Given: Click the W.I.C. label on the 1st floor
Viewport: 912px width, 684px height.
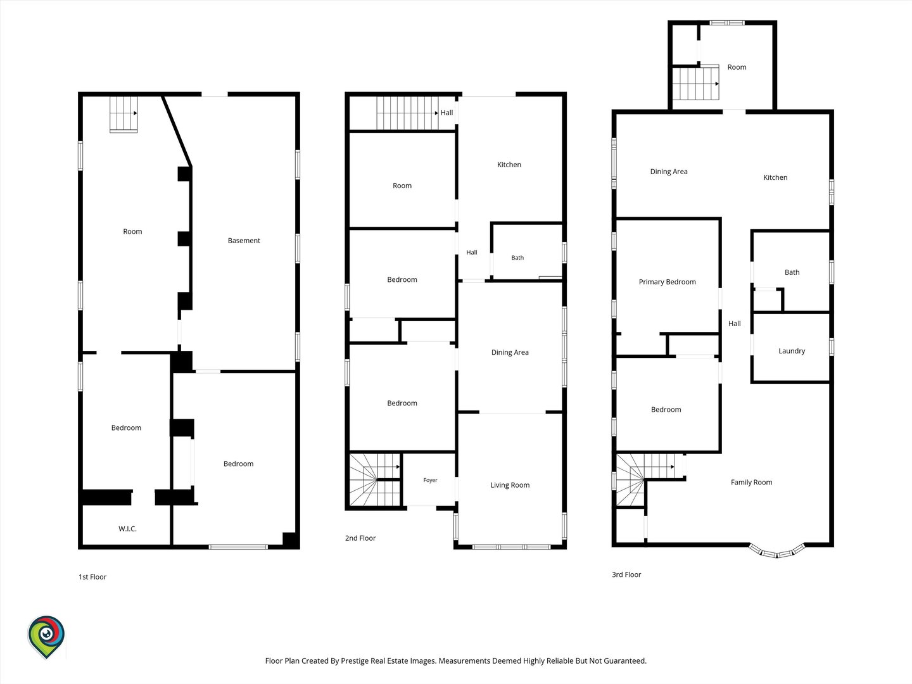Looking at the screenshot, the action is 127,529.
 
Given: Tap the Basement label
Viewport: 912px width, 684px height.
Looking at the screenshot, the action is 244,241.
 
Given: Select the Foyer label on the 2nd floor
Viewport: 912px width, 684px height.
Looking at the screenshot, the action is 430,480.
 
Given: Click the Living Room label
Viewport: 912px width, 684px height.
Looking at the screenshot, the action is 510,485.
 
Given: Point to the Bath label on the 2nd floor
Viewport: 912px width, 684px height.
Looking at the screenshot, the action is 517,258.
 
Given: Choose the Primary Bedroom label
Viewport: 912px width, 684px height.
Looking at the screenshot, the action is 668,282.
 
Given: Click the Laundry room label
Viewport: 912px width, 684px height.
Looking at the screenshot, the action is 792,351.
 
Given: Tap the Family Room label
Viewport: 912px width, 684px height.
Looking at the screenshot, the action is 751,482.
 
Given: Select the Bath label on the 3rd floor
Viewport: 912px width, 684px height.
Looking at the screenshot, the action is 792,272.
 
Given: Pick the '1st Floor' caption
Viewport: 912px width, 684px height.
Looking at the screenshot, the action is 92,577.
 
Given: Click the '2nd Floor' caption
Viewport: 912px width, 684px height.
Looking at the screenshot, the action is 360,538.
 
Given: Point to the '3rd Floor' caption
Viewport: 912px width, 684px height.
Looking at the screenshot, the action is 626,575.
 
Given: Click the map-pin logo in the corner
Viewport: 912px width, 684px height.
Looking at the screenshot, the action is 46,636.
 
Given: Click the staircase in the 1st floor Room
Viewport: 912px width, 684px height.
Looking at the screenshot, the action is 123,114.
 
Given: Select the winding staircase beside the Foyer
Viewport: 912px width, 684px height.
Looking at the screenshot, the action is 374,479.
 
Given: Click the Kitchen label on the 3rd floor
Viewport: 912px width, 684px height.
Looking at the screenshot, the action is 775,177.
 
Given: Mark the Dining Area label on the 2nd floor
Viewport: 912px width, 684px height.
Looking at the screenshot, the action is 510,353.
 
